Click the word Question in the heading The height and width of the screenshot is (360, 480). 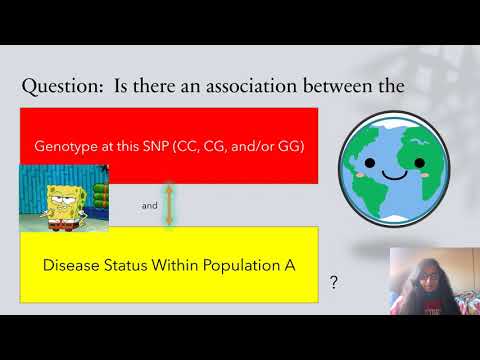coord(62,87)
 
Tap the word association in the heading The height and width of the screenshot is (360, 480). coord(264,87)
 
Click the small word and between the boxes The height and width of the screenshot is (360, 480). coord(149,206)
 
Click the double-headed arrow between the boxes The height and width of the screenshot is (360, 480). coord(169,205)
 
